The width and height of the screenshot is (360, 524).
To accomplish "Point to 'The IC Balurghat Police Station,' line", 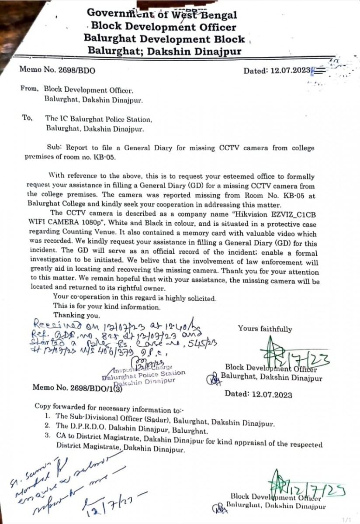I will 99,119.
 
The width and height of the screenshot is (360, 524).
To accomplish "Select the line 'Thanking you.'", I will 77,314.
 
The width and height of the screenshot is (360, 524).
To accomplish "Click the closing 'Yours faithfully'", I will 265,329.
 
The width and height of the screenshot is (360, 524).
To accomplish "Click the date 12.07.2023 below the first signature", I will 259,393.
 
